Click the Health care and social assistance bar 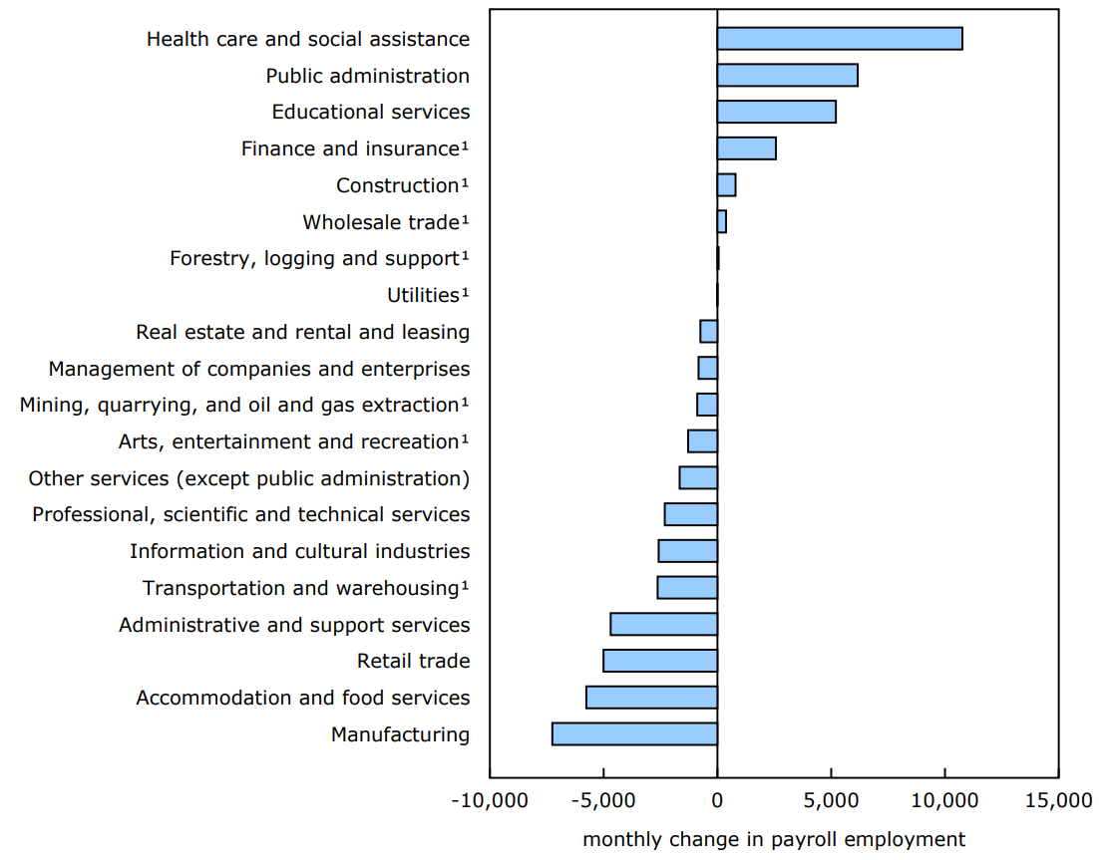click(x=840, y=39)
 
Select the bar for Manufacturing click(x=634, y=734)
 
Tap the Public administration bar click(x=787, y=76)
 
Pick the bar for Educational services click(x=776, y=112)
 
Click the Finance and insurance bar click(x=746, y=148)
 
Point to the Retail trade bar click(x=660, y=661)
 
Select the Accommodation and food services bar click(x=651, y=698)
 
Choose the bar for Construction click(x=726, y=185)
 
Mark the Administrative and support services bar click(x=663, y=625)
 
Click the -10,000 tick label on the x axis click(x=489, y=801)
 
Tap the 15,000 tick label click(x=1058, y=801)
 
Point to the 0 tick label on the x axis click(x=717, y=801)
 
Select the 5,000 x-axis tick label click(x=831, y=801)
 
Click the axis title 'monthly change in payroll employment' click(x=774, y=839)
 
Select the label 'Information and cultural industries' click(x=299, y=551)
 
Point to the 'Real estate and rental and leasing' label click(x=302, y=332)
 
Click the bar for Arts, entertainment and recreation click(x=702, y=441)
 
